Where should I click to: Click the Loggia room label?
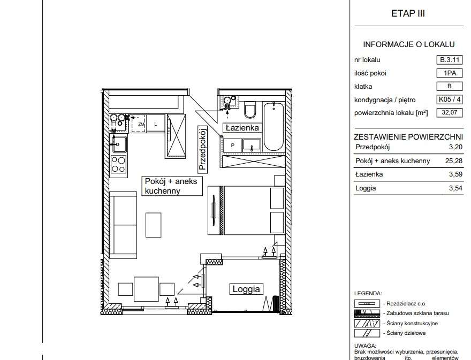point(246,289)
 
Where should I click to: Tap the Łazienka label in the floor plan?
point(242,128)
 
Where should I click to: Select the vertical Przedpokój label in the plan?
point(203,149)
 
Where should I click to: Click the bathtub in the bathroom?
point(274,126)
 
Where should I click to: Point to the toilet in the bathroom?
point(250,110)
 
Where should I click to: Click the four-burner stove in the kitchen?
point(118,165)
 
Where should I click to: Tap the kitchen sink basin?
point(119,145)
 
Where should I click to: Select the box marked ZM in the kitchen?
point(139,124)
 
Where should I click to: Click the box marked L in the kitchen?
point(156,123)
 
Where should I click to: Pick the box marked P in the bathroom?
point(232,145)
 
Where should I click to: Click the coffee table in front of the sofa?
point(154,225)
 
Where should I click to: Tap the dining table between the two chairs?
point(146,289)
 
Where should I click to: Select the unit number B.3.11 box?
point(450,60)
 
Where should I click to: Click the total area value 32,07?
point(450,112)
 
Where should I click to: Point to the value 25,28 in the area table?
point(453,160)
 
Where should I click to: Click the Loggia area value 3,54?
point(455,188)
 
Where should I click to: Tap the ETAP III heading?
point(408,13)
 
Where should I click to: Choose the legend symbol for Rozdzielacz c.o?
point(367,303)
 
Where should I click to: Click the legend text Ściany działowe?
point(406,333)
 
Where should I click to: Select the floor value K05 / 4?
point(450,99)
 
